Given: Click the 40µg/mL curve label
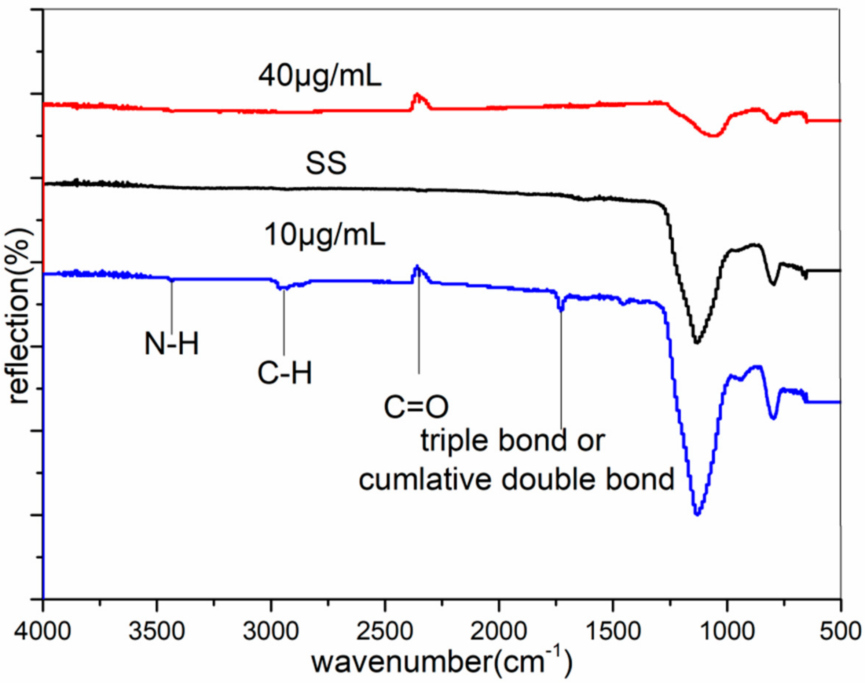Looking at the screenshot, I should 320,77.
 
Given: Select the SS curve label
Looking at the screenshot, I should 326,164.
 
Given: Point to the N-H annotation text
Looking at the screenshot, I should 172,345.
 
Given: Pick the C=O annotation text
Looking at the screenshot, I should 416,407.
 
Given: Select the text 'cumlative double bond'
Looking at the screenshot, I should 516,480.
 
